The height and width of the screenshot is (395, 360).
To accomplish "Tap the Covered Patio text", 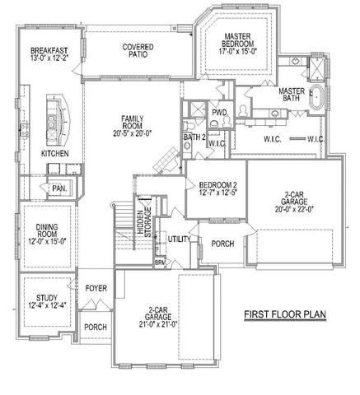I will (136, 52).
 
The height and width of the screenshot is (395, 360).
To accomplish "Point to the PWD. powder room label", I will (219, 113).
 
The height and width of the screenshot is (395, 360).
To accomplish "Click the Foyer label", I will (96, 288).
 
